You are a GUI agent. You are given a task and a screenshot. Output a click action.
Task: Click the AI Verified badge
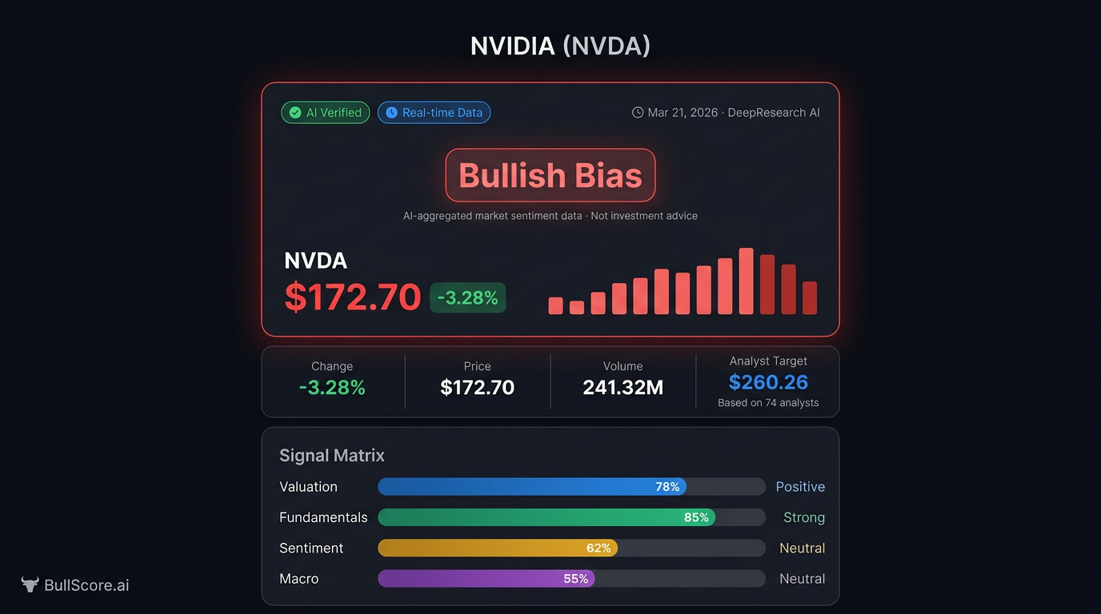coord(326,113)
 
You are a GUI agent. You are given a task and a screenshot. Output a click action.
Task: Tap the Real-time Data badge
coord(434,113)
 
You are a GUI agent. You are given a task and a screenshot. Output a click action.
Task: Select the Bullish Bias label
coord(550,175)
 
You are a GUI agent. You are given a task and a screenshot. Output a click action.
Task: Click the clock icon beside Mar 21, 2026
coord(638,113)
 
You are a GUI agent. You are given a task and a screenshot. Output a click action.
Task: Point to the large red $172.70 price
coord(353,297)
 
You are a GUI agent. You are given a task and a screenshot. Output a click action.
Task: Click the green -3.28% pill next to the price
coord(468,297)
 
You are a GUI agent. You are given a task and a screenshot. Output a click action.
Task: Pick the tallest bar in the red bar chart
coord(746,281)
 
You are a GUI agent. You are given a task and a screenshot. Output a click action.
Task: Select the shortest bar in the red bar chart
coord(576,307)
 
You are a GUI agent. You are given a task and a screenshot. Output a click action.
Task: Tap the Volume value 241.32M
coord(623,388)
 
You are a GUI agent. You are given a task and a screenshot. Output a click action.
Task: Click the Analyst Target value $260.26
coord(768,382)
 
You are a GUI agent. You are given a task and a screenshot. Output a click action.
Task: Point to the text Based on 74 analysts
coord(768,403)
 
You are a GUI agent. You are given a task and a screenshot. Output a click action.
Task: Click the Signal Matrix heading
coord(332,456)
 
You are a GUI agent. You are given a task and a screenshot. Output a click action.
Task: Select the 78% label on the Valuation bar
coord(667,487)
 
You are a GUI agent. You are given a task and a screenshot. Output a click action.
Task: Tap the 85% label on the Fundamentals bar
coord(696,517)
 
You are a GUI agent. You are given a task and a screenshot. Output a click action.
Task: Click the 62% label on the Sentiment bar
coord(599,548)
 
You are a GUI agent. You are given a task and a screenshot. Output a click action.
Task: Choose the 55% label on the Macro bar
coord(575,578)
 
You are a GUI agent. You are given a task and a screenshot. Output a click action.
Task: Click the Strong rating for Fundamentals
coord(803,517)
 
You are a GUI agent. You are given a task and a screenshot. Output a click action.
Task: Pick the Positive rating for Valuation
coord(800,487)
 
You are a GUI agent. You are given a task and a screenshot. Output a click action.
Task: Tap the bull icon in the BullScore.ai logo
coord(30,584)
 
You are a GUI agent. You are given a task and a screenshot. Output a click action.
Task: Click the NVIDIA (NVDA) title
coord(560,46)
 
